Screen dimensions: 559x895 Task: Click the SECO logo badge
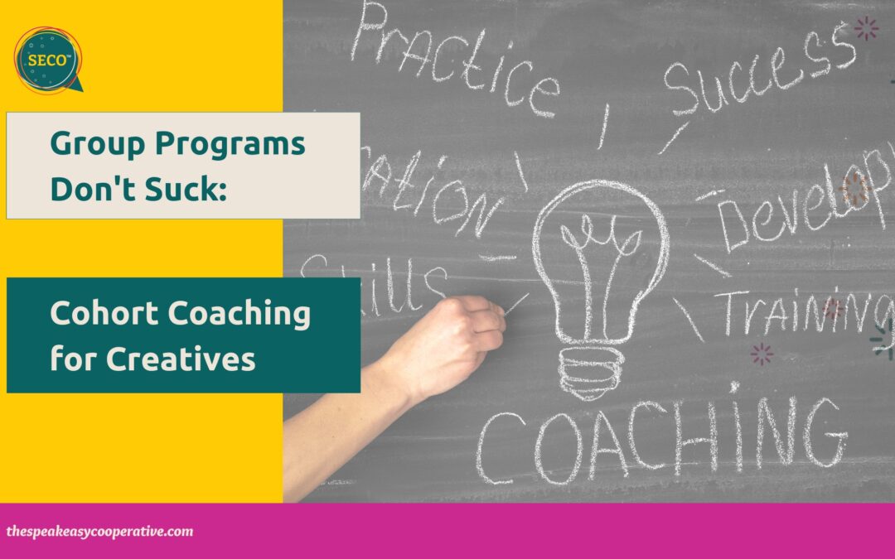click(x=48, y=59)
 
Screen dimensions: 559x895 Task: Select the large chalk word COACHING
click(x=659, y=439)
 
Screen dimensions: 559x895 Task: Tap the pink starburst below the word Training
click(x=761, y=354)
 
